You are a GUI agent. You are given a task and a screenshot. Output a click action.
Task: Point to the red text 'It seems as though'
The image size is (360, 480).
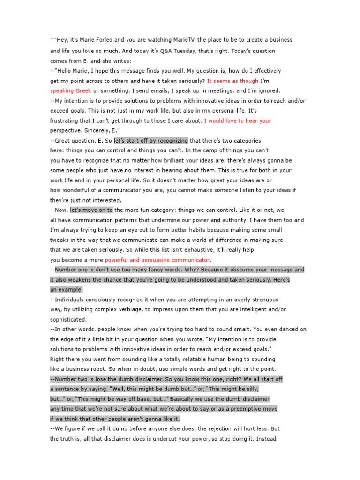pyautogui.click(x=232, y=81)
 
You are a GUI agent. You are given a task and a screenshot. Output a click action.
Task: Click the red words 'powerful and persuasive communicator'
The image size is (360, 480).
pyautogui.click(x=157, y=260)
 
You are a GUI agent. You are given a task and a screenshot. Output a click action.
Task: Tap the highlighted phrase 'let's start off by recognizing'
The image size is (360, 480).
pyautogui.click(x=151, y=140)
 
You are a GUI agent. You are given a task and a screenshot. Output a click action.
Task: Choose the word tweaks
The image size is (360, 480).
pyautogui.click(x=60, y=240)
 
